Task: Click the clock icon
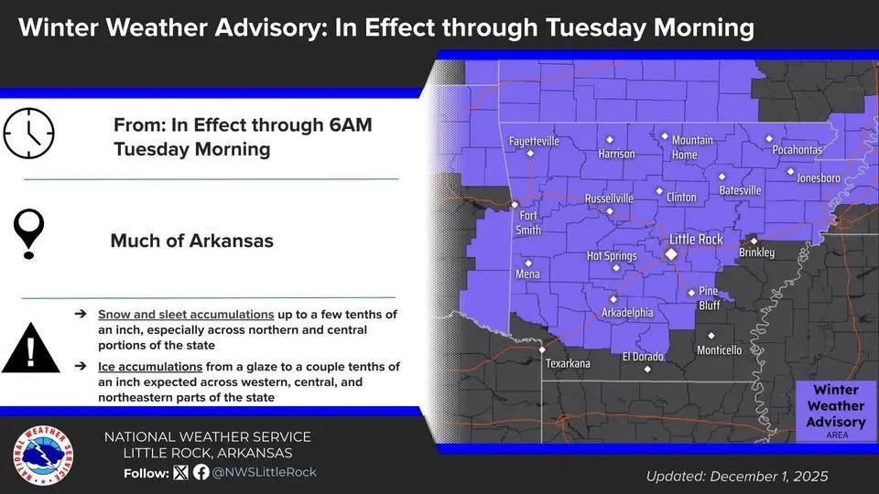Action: point(29,134)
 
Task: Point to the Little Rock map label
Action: point(696,240)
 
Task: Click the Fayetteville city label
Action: point(534,142)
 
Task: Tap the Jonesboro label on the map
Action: point(818,178)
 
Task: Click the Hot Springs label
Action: point(612,256)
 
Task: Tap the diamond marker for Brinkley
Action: point(754,241)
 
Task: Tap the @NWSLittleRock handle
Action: point(264,472)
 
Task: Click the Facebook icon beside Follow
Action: point(201,472)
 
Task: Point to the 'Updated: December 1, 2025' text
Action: point(737,476)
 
